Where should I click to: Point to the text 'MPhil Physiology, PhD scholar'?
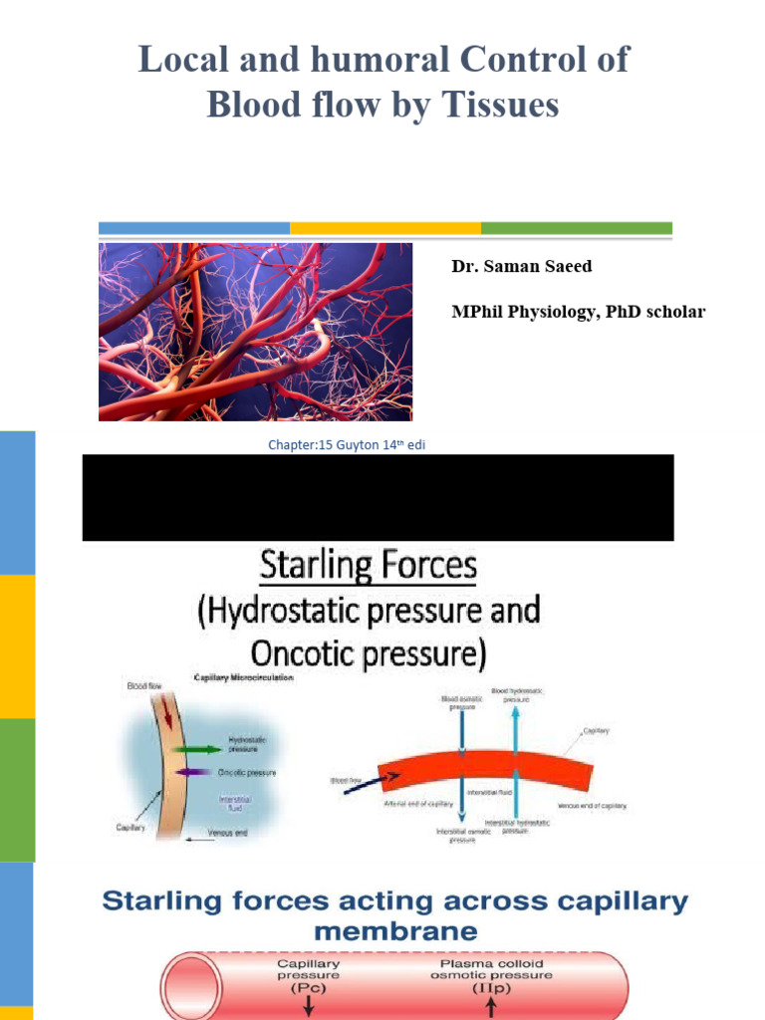tap(578, 312)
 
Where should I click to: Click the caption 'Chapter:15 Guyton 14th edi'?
tap(347, 445)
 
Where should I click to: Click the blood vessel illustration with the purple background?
tap(255, 332)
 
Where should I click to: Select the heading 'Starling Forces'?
tap(369, 568)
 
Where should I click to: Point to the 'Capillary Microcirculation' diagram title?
tap(229, 680)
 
